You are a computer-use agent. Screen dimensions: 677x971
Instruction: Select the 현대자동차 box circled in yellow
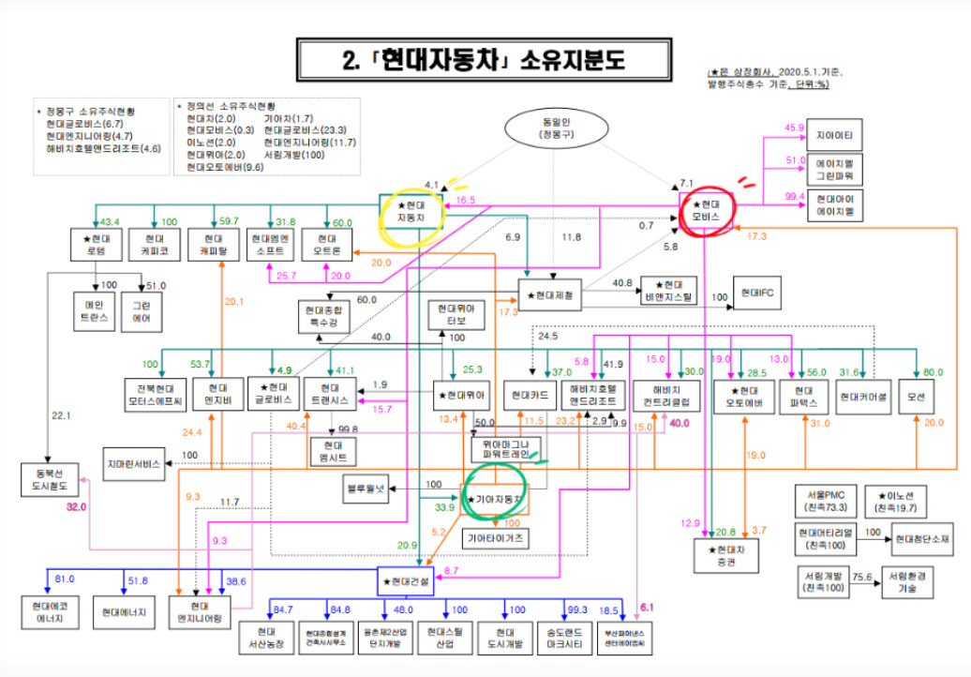[411, 210]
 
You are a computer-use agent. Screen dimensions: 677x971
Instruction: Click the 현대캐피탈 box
[214, 247]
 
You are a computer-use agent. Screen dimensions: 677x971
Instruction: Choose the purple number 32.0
[76, 506]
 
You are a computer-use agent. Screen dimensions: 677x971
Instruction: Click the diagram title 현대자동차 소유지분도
[483, 61]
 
